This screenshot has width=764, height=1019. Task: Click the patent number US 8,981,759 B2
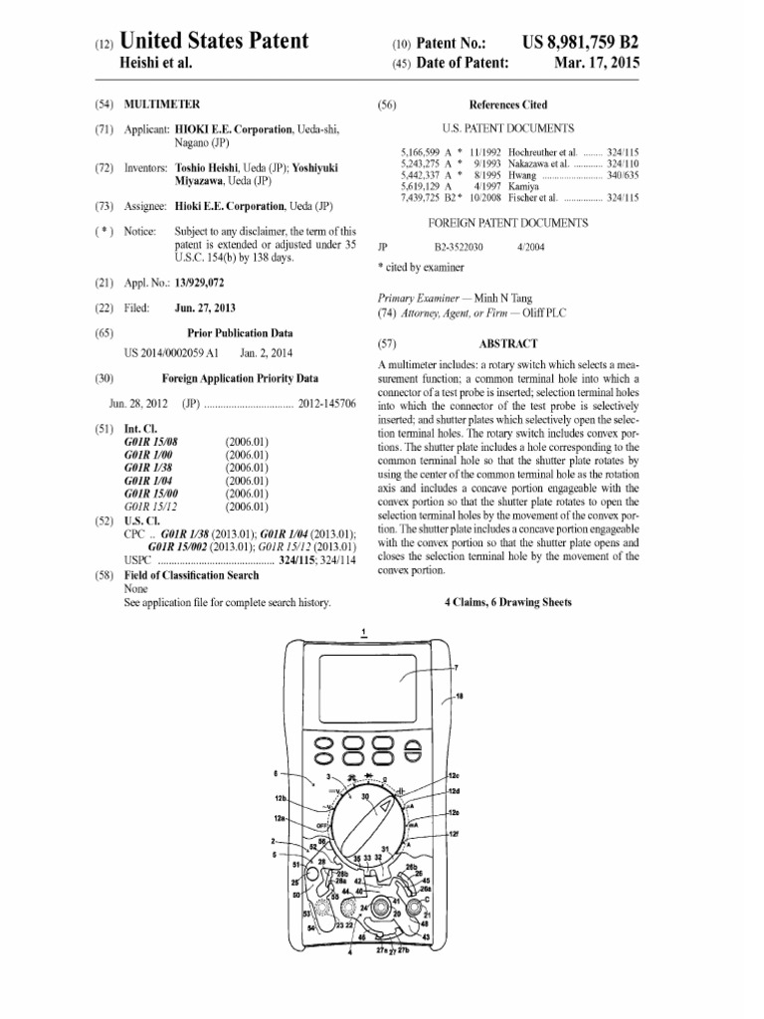point(580,42)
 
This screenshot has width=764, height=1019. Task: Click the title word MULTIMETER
point(162,103)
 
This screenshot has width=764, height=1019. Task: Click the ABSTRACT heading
point(508,341)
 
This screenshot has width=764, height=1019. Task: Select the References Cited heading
point(507,103)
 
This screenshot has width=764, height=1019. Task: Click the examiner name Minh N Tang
point(502,298)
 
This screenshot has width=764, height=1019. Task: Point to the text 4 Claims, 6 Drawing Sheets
point(507,602)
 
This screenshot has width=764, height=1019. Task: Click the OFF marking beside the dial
point(323,824)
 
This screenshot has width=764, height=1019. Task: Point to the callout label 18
point(459,698)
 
